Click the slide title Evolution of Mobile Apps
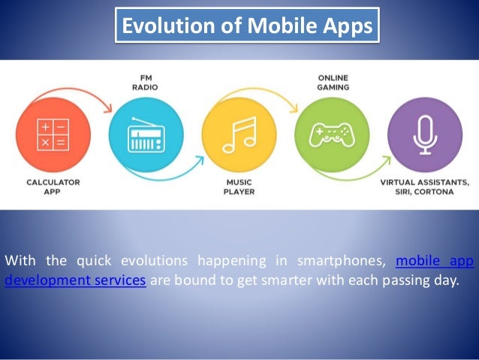click(x=247, y=27)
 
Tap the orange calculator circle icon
click(x=52, y=135)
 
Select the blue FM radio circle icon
click(x=145, y=135)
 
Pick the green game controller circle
click(x=332, y=135)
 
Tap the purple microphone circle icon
click(x=425, y=135)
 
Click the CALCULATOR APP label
click(x=53, y=186)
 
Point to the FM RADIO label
click(x=146, y=80)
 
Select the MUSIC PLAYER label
click(x=239, y=186)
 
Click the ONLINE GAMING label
click(x=332, y=80)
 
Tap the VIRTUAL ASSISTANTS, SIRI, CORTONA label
click(x=425, y=186)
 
